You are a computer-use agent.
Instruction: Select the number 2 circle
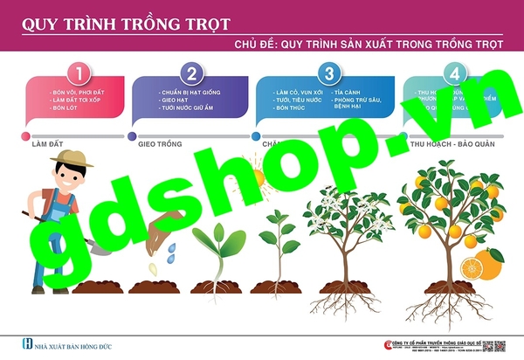coord(192,73)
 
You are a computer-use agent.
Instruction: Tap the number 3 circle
coord(328,73)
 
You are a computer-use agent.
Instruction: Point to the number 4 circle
coord(453,73)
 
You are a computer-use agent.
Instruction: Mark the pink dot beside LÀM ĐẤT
coord(23,135)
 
